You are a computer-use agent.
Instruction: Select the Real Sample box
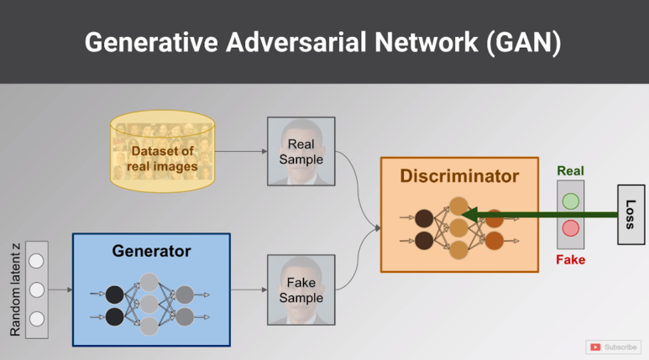(301, 151)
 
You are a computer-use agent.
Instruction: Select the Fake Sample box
(301, 290)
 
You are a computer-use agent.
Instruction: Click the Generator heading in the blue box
(151, 251)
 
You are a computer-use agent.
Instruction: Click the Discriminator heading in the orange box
(458, 176)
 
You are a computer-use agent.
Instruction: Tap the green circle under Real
(571, 201)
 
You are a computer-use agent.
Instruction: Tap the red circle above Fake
(571, 227)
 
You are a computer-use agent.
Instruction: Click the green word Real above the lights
(570, 171)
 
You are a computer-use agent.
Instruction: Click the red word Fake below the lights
(570, 260)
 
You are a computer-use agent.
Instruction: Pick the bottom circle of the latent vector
(36, 318)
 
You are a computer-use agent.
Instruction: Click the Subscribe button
(614, 347)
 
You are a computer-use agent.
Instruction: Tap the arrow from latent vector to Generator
(60, 290)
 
